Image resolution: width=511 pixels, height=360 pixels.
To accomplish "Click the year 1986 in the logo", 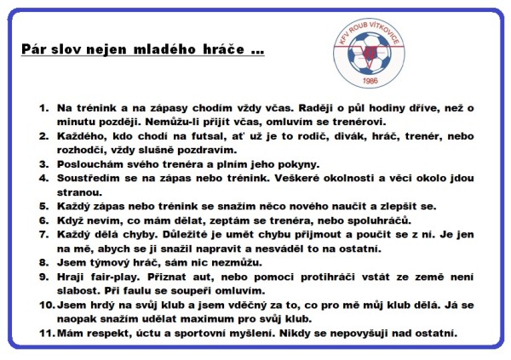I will click(x=369, y=81).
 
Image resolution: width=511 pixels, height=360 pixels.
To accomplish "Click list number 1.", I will click(x=44, y=109).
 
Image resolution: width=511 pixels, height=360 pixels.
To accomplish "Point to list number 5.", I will click(x=44, y=206).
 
